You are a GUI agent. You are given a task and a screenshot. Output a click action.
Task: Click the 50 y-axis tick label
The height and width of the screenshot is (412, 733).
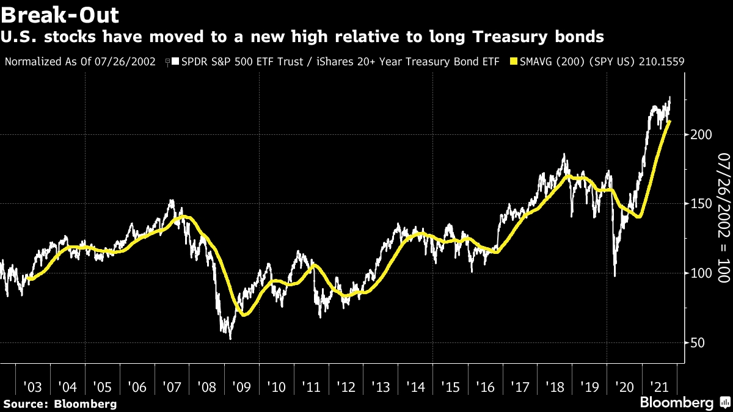[x=695, y=342]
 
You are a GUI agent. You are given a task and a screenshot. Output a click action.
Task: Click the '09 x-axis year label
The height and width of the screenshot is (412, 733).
[x=242, y=387]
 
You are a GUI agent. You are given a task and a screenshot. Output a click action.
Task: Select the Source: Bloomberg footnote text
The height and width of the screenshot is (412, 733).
[x=60, y=403]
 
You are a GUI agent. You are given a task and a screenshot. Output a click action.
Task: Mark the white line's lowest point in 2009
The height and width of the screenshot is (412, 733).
[x=230, y=339]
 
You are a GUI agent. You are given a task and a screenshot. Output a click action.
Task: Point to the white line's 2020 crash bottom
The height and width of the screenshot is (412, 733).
[x=614, y=276]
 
